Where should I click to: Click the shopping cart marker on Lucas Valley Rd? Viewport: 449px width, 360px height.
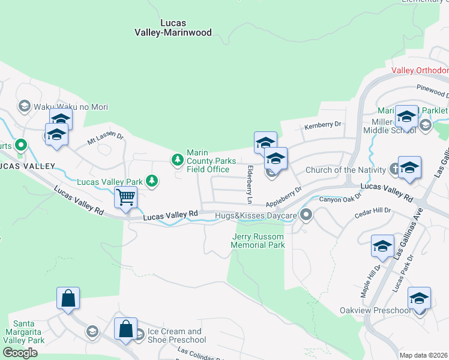coord(126,197)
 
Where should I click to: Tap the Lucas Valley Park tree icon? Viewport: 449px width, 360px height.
coord(152,181)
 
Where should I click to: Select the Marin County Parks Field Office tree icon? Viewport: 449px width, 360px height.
coord(177,160)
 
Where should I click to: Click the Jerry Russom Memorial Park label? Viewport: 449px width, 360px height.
coord(258,241)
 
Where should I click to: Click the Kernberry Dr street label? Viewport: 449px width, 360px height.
coord(322,125)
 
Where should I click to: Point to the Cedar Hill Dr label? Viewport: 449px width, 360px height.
coord(372,211)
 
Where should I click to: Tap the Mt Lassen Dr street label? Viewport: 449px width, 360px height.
coord(105,139)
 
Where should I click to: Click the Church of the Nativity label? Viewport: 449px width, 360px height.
coord(347,170)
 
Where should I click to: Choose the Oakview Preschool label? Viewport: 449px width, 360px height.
coord(383,310)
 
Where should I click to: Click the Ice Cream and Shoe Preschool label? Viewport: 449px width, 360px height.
coord(174,335)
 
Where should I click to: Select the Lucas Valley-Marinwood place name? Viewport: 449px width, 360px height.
coord(186,28)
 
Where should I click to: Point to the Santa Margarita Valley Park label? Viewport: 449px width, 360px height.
coord(24,335)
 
